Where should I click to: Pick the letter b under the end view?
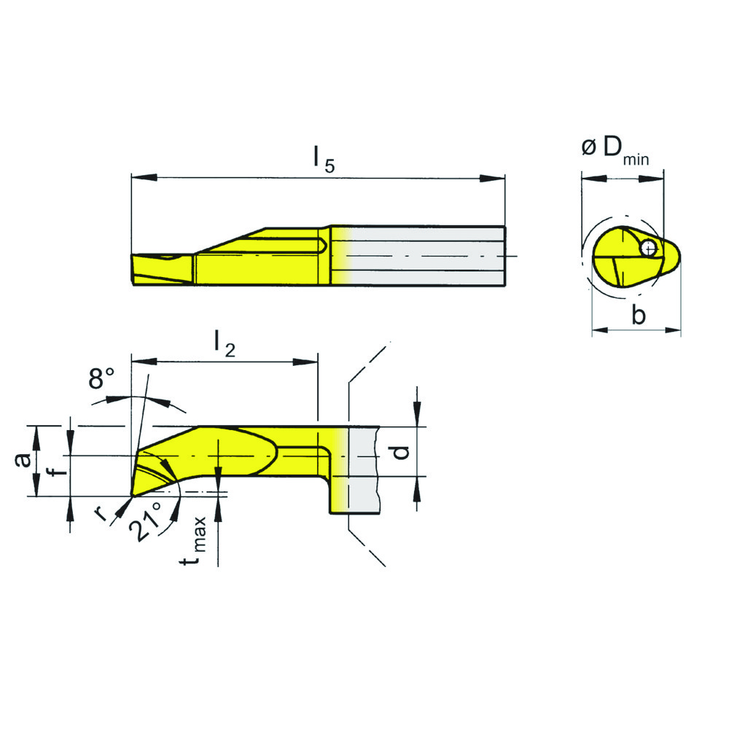(x=638, y=315)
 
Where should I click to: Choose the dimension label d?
(x=399, y=451)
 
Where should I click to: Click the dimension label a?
(x=23, y=459)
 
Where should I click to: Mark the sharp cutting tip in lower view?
(x=132, y=496)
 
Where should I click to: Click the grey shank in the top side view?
(x=430, y=255)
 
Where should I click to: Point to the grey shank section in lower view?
(x=363, y=470)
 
